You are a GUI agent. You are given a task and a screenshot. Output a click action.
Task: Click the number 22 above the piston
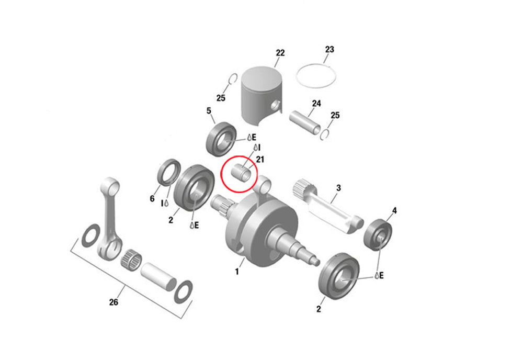tap(280, 53)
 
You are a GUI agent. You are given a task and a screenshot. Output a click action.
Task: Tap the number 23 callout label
tap(329, 49)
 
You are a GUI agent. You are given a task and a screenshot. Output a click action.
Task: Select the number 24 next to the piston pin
tap(316, 104)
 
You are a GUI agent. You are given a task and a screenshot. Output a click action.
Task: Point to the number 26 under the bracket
tap(113, 302)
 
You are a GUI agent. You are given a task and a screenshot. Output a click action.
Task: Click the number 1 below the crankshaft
tap(237, 272)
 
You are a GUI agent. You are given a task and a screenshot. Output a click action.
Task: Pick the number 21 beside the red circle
tap(260, 160)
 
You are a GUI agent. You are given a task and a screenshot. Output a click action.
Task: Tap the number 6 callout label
tap(152, 198)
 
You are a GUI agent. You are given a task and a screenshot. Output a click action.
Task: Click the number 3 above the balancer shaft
tap(338, 188)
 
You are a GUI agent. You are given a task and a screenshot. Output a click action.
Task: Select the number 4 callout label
tap(394, 210)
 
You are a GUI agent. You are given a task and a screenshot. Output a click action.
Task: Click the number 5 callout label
tap(209, 111)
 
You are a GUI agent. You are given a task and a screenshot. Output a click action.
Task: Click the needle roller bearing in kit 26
tap(131, 260)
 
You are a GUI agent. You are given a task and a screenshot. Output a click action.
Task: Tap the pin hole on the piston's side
tap(275, 105)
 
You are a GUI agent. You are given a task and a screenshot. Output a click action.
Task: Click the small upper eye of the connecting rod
tap(110, 185)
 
